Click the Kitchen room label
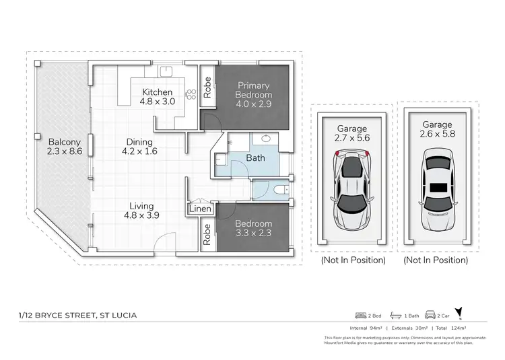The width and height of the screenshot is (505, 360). click(x=157, y=92)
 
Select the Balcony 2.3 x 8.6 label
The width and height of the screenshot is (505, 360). click(x=65, y=147)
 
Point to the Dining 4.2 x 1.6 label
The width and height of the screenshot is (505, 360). click(x=137, y=147)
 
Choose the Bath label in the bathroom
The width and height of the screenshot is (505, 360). click(x=256, y=159)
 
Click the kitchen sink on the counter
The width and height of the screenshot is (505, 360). click(x=166, y=71)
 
